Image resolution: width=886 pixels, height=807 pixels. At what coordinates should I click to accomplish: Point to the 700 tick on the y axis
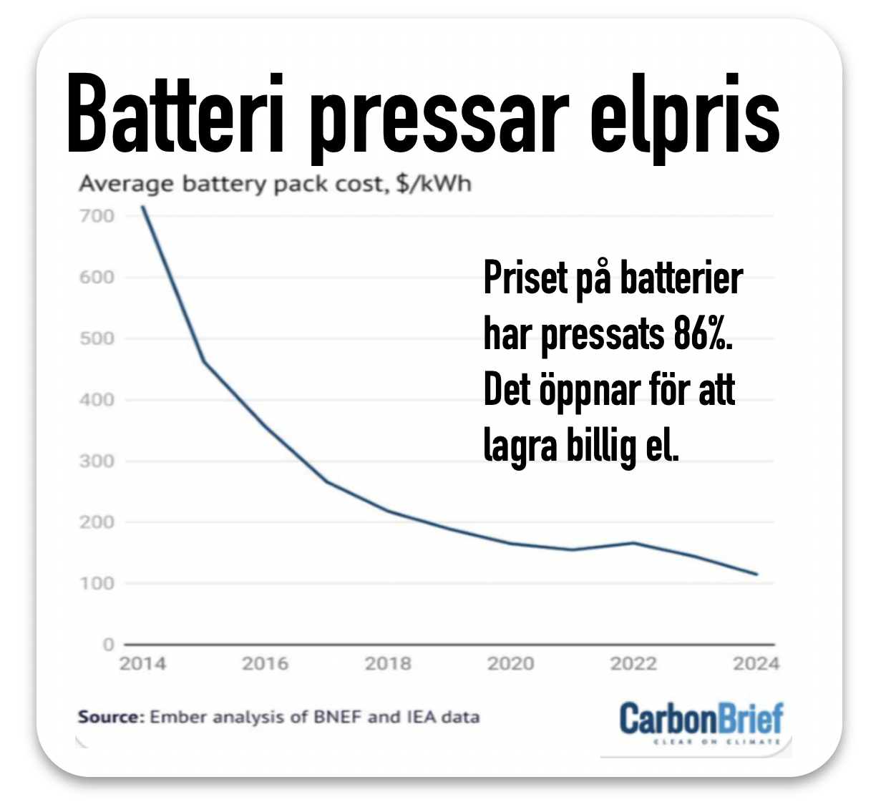click(97, 215)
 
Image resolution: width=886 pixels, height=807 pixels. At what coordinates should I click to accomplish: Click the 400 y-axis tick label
click(97, 399)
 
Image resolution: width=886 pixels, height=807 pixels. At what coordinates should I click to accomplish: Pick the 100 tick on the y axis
click(97, 583)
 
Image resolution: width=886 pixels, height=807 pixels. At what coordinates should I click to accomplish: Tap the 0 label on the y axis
click(108, 645)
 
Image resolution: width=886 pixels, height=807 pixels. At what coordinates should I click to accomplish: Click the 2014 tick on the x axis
click(142, 664)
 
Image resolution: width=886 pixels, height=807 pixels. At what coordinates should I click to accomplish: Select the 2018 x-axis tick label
click(388, 664)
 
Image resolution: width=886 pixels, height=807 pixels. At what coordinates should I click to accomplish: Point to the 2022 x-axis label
click(633, 664)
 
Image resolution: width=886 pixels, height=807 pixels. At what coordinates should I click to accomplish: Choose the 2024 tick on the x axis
click(756, 664)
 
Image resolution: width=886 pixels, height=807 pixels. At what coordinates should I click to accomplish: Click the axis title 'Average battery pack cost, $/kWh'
click(275, 184)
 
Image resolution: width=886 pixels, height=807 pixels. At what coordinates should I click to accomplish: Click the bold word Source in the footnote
click(111, 717)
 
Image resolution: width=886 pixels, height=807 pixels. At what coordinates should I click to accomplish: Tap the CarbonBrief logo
click(701, 720)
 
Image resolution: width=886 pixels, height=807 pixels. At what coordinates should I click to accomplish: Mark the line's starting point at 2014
click(143, 207)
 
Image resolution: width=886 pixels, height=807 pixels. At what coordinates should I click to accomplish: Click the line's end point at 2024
click(756, 574)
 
